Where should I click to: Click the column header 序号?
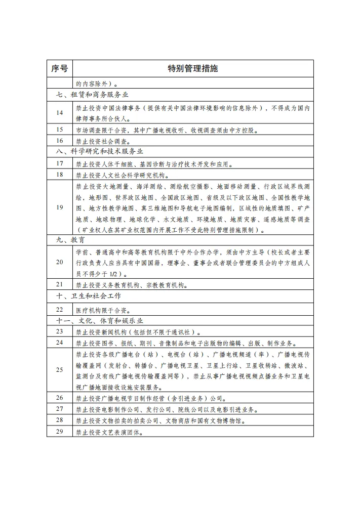tap(60, 69)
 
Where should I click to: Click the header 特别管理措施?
tap(193, 69)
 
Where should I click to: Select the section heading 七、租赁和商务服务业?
tap(92, 94)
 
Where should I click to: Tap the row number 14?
tap(60, 113)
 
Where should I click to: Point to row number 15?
tap(60, 130)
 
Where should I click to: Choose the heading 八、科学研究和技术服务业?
tap(100, 151)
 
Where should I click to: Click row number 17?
tap(60, 163)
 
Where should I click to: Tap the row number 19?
tap(60, 207)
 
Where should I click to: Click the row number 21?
tap(60, 284)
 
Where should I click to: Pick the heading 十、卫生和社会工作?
tap(89, 295)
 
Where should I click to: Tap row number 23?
tap(60, 331)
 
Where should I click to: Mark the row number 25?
tap(60, 370)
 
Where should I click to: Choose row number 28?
tap(60, 420)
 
